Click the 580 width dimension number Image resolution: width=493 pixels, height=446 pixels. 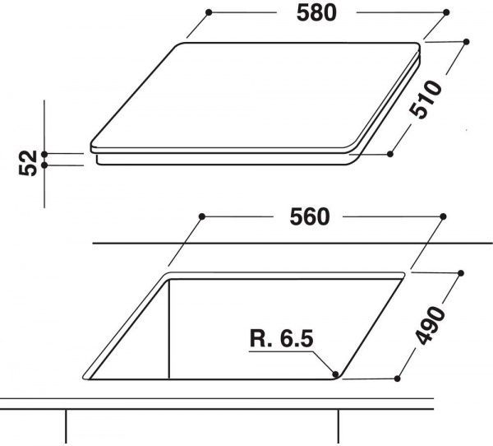(316, 13)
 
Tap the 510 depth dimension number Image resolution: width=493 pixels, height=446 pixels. (426, 100)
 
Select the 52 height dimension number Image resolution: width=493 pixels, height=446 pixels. (28, 163)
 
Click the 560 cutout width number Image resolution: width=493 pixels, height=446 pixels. (310, 217)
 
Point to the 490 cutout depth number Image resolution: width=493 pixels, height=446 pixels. (431, 325)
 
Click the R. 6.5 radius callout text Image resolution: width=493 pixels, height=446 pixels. (282, 338)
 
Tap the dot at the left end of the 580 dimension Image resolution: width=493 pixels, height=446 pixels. (209, 12)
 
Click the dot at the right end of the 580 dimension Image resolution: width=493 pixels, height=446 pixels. (446, 12)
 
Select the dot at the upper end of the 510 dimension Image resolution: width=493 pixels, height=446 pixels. (466, 42)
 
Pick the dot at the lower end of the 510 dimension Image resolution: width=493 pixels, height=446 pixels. (390, 154)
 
